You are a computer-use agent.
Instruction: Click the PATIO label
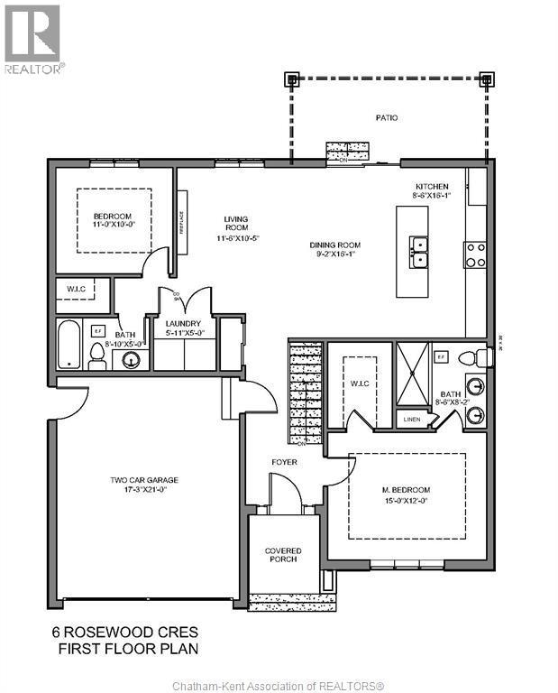tap(387, 117)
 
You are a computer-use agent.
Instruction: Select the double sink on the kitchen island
tap(418, 252)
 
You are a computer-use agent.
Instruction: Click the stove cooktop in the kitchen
tap(475, 254)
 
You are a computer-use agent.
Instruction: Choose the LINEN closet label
tap(412, 419)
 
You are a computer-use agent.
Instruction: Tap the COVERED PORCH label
tap(283, 555)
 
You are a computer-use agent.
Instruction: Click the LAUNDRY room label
tap(185, 327)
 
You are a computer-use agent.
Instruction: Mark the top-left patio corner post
tap(291, 79)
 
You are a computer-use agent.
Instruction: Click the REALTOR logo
tap(32, 40)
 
